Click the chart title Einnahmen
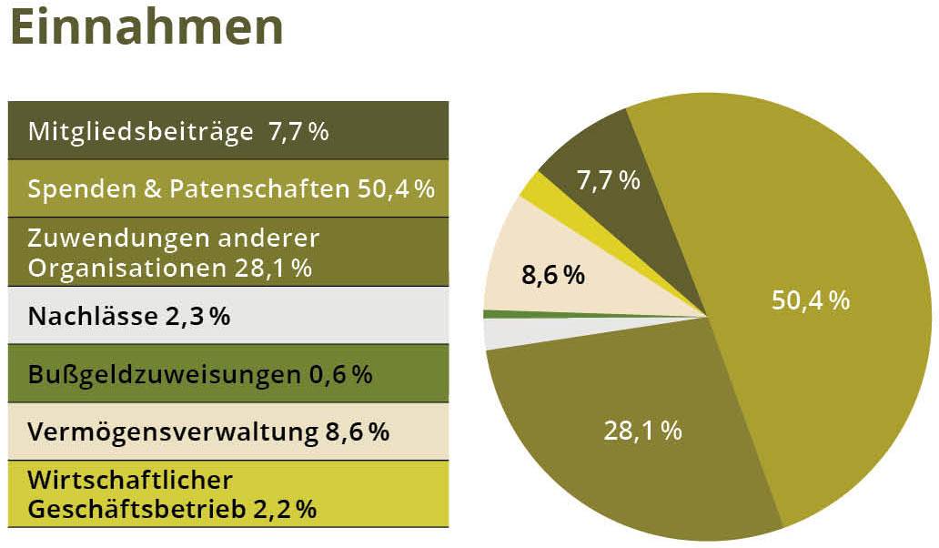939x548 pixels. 146,27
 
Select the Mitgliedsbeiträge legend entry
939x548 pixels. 227,131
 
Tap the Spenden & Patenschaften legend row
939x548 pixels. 227,188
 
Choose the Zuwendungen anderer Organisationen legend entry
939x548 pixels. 227,252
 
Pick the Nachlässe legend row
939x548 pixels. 227,316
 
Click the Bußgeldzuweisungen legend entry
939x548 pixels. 227,374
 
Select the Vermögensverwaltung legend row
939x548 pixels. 227,431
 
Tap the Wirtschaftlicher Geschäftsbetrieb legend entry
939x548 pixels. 227,493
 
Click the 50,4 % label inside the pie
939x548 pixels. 810,300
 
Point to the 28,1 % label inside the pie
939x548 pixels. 642,430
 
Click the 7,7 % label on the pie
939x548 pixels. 609,179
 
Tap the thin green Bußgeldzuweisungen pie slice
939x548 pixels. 510,314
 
